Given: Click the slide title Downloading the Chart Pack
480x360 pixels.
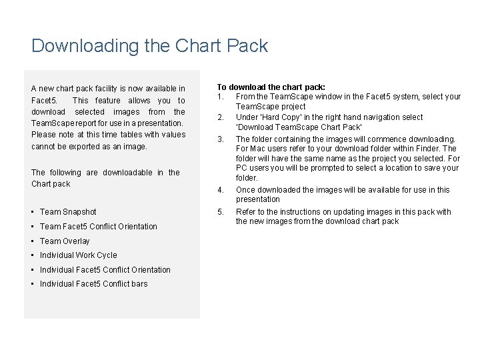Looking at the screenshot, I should pos(149,46).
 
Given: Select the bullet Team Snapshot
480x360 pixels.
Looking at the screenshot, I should pos(68,212).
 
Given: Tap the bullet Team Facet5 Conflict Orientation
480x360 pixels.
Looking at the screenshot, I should pos(98,227).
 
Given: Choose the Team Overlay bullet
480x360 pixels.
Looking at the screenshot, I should pos(65,241).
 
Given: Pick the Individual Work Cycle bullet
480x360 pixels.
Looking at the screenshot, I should pos(78,255).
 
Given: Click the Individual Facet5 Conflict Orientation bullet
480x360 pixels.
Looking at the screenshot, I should pos(105,270).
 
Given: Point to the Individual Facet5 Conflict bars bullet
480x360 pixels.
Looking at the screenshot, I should pos(93,284).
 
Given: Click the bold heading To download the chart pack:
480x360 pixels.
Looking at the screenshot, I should pos(271,87).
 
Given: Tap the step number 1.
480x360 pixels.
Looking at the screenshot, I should pos(219,97).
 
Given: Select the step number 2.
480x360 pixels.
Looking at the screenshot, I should pos(220,117).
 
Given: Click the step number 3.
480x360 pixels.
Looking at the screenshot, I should pos(220,139).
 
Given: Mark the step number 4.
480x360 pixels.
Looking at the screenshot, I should pos(220,190).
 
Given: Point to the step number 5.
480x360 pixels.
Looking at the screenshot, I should pos(220,212).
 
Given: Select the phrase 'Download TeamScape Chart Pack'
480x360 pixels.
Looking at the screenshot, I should pos(299,127).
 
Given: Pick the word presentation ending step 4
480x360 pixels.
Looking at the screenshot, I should pos(258,199).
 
